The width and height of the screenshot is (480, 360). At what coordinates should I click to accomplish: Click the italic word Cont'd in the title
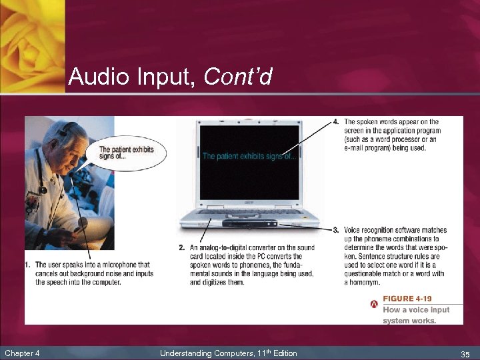pyautogui.click(x=238, y=77)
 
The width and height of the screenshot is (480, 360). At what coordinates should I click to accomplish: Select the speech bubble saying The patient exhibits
pyautogui.click(x=126, y=153)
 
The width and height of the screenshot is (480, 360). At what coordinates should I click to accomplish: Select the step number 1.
pyautogui.click(x=28, y=265)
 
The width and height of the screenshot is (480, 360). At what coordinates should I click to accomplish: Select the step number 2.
pyautogui.click(x=182, y=248)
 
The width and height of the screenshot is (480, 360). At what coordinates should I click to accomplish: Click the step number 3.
pyautogui.click(x=336, y=230)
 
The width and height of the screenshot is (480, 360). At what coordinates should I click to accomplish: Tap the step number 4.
pyautogui.click(x=336, y=122)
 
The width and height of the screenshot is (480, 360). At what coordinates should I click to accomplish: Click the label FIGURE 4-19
pyautogui.click(x=407, y=299)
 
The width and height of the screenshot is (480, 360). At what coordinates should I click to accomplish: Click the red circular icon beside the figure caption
pyautogui.click(x=374, y=305)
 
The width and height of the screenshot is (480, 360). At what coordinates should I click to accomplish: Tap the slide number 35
pyautogui.click(x=465, y=353)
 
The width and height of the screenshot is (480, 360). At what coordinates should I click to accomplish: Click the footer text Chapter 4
pyautogui.click(x=22, y=353)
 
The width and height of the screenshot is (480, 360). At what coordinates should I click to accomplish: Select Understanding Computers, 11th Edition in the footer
pyautogui.click(x=228, y=353)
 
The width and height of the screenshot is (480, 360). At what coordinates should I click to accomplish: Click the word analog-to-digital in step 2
pyautogui.click(x=227, y=248)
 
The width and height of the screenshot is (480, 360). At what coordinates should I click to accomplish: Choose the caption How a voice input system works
pyautogui.click(x=416, y=315)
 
